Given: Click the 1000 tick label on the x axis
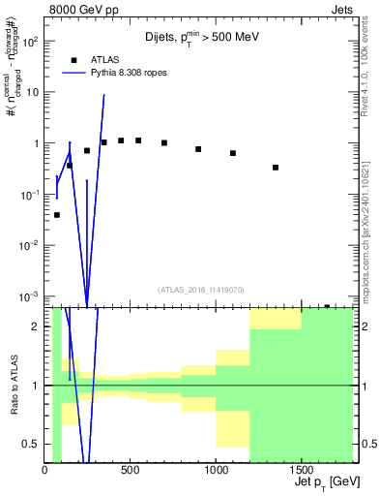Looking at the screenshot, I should (216, 471).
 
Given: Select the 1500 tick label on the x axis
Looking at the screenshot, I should (301, 471).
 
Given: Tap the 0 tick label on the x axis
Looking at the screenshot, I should (45, 471).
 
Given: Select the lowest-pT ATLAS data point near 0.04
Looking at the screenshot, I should (57, 215).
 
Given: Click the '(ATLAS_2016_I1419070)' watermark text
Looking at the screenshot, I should (200, 289).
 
